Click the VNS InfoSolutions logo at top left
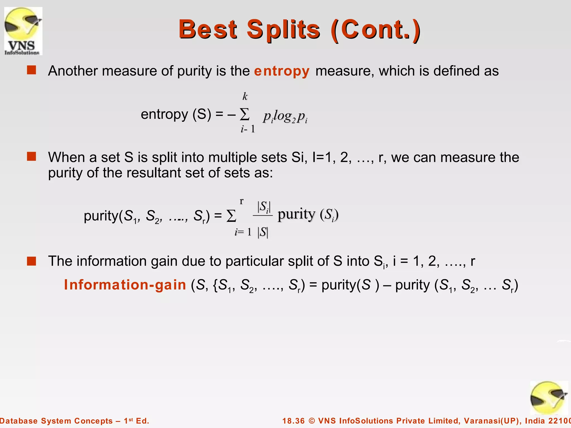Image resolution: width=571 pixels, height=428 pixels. coord(23,31)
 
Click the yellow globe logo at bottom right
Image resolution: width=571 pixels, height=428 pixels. coord(549,398)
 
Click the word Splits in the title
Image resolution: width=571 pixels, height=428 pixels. coord(283,30)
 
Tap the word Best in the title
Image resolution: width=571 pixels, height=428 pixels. coord(208,30)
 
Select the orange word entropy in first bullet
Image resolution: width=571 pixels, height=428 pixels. coord(282,71)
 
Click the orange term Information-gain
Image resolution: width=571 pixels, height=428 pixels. coord(125,285)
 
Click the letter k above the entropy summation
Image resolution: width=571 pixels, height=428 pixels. coord(245,96)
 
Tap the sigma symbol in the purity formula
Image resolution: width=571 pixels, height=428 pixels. coord(231,216)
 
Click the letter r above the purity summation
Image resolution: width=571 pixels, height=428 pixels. coord(241,201)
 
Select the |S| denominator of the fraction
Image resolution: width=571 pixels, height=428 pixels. coord(263,232)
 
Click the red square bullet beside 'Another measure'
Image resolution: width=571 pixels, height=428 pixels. coord(32,70)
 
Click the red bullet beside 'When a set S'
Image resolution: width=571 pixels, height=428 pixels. coord(32,157)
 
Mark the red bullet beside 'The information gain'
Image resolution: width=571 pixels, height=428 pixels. coord(32,261)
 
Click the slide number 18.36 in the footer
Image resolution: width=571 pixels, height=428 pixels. coord(294,421)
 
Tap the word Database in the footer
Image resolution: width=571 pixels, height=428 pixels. coord(19,421)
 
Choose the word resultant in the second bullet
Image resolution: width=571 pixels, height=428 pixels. coord(153,173)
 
